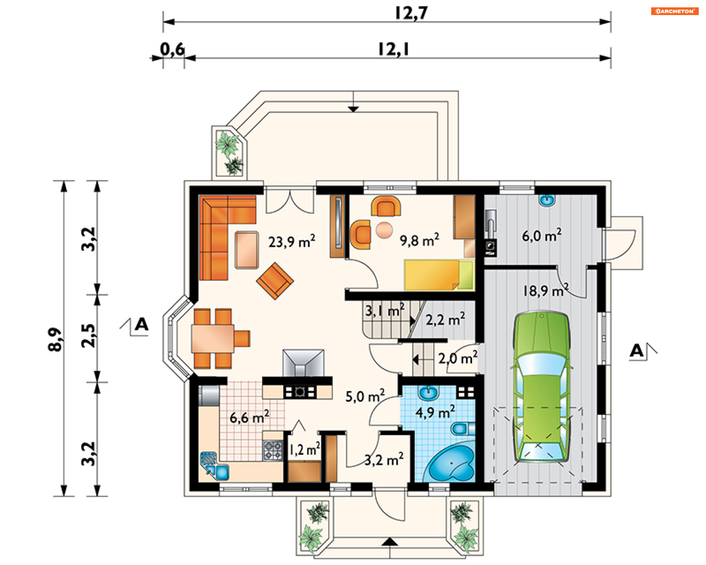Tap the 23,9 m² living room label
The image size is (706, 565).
pos(292,241)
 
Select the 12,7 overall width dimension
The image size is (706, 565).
pos(411,13)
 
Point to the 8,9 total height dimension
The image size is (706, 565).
pos(55,339)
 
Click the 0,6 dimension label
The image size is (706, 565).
pos(172,49)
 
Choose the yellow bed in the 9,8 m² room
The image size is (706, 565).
pos(439,275)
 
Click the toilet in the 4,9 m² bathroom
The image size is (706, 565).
pos(463,429)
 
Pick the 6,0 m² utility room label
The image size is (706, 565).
pos(542,235)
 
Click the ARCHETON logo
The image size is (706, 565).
pos(675,11)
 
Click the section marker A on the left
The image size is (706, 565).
pos(141,324)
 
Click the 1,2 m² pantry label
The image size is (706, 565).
pos(304,449)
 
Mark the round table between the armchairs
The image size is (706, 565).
pos(384,230)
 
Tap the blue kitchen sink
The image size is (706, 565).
pos(215,466)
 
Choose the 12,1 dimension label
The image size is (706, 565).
pos(393,50)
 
